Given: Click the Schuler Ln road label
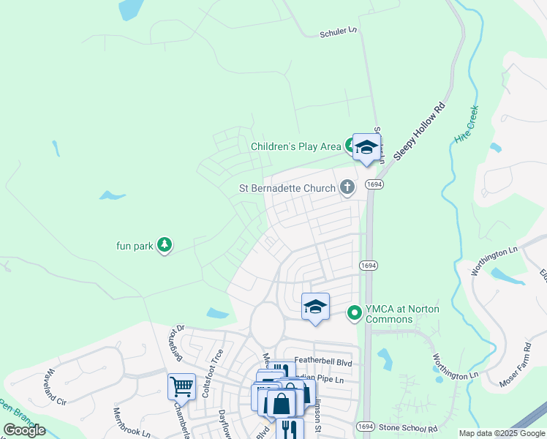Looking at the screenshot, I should (338, 32).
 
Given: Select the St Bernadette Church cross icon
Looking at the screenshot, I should (347, 188).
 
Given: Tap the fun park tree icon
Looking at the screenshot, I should (165, 245).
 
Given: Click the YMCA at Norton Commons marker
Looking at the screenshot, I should (355, 314).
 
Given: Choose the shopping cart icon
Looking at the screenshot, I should (181, 385).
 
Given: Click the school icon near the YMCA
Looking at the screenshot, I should (315, 307).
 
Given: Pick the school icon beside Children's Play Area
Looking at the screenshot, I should (366, 147).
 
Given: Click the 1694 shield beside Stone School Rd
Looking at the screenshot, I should (365, 427).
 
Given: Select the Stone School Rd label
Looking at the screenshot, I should (408, 428).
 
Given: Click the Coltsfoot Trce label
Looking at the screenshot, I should (217, 366).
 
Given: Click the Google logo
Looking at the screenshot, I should (25, 430).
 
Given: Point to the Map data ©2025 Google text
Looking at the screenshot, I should (501, 433).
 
